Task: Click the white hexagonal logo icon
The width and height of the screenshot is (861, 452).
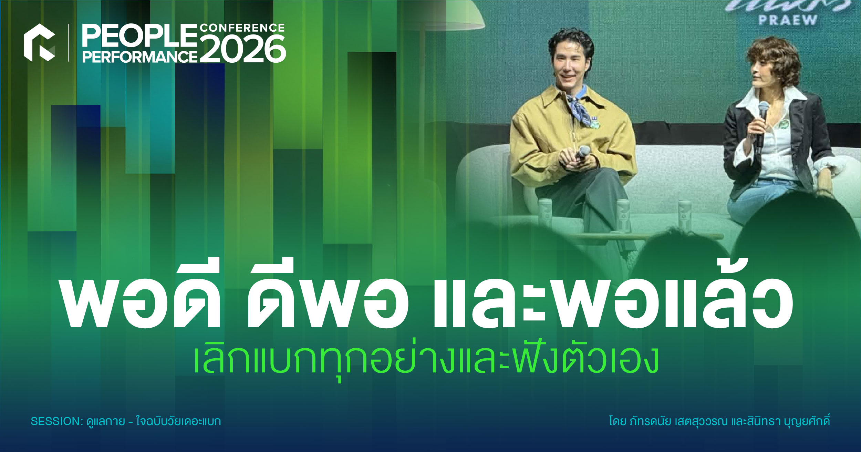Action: click(x=39, y=43)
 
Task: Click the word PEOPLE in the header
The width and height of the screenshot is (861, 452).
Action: click(x=139, y=36)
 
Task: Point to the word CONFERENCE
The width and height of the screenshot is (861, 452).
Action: click(x=242, y=28)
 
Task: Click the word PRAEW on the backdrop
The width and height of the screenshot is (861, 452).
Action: click(x=787, y=20)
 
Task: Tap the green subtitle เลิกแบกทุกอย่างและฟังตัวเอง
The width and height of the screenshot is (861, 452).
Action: click(x=426, y=360)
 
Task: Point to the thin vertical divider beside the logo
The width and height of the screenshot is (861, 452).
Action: click(x=69, y=43)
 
